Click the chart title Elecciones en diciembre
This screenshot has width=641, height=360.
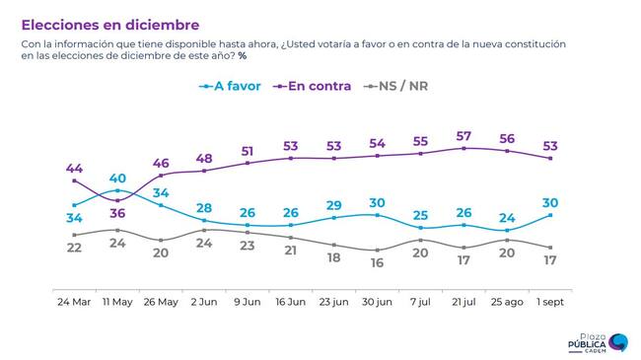[110, 25]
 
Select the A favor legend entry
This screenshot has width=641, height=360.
[230, 86]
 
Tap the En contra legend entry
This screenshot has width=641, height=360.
[313, 86]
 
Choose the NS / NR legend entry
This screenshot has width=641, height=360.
[395, 86]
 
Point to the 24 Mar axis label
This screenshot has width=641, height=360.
[74, 302]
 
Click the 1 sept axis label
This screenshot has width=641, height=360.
[550, 302]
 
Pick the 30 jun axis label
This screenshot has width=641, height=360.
[377, 302]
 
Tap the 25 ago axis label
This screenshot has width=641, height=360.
[507, 302]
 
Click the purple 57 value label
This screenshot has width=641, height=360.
[463, 136]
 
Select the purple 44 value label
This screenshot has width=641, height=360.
[74, 168]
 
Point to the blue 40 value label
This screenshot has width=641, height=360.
[117, 178]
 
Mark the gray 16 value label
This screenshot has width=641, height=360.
[377, 262]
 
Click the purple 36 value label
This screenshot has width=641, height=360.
[117, 213]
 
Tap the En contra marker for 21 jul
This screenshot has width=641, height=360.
[463, 149]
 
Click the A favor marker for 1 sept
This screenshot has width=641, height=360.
[550, 215]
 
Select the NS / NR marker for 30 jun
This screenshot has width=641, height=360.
[377, 250]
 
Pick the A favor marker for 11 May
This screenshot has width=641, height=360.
[117, 190]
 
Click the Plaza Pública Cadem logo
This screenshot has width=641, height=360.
[598, 343]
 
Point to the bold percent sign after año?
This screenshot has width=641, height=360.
[243, 55]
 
